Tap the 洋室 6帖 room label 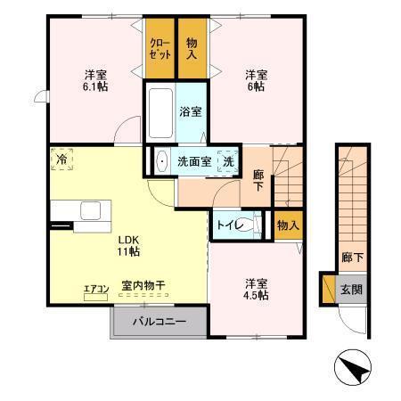256,80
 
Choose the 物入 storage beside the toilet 287,225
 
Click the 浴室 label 191,113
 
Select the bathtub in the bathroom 160,111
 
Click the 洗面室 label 193,163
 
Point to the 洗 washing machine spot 228,163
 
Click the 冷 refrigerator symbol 62,159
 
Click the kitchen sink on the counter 91,211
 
